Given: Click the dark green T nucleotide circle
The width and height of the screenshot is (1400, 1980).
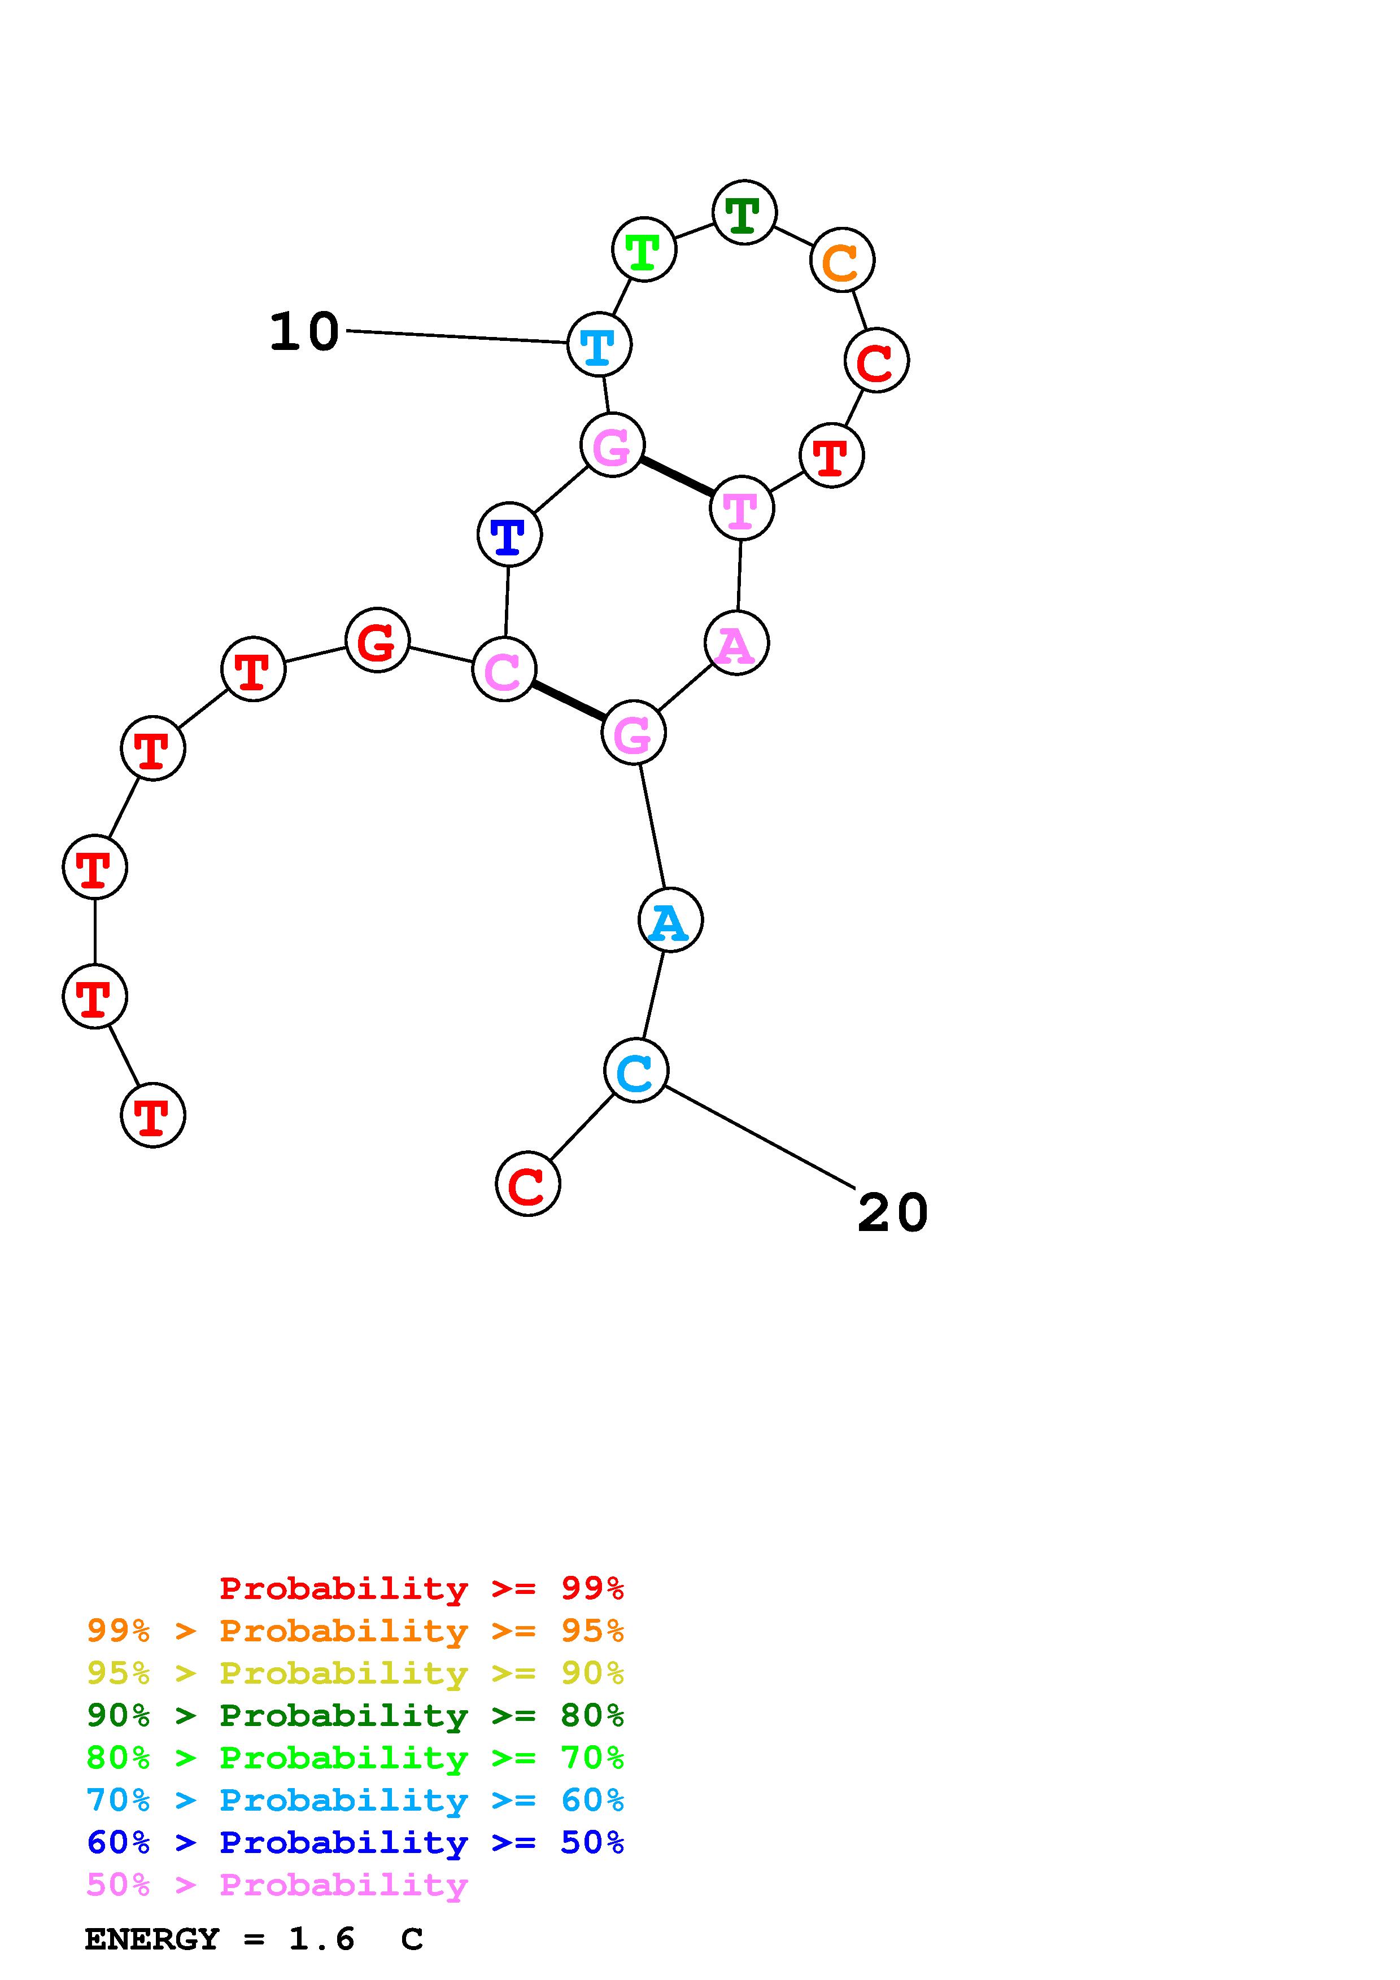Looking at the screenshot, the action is click(x=744, y=212).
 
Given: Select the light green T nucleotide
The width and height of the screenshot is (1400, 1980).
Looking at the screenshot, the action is click(x=643, y=250).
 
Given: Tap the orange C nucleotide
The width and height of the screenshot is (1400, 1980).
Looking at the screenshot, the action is click(x=842, y=260).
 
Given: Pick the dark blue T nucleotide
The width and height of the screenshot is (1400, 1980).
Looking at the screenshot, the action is click(x=509, y=535).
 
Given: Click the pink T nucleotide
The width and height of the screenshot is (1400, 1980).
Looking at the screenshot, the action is click(x=741, y=509).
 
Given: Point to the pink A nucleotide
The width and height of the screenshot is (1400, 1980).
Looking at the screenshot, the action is click(x=736, y=643).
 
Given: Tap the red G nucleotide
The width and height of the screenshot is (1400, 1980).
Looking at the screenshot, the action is click(x=377, y=641).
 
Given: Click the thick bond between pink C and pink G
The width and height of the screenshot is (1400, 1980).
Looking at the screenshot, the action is click(x=569, y=700).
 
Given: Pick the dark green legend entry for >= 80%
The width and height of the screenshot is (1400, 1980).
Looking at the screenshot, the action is click(x=355, y=1715).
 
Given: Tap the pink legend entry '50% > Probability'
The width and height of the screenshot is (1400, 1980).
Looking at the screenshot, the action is click(x=277, y=1885).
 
